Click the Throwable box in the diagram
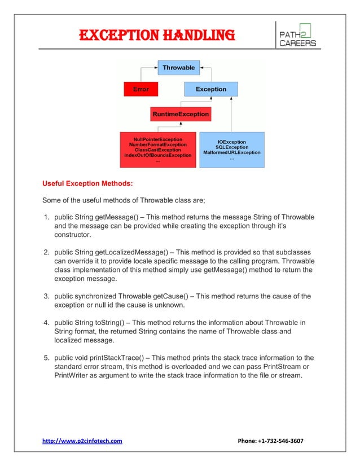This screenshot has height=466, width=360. tap(178, 68)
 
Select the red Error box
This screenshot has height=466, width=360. tap(141, 89)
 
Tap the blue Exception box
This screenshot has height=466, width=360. tap(210, 89)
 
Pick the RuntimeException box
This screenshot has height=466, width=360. tap(180, 115)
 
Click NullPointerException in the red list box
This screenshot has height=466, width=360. tap(157, 139)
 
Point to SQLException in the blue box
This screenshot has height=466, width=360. tap(231, 147)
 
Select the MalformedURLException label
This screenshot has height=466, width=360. tap(231, 153)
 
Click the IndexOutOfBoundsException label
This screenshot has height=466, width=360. tap(157, 155)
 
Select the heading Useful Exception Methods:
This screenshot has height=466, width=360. tap(88, 183)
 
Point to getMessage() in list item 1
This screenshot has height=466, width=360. tap(126, 217)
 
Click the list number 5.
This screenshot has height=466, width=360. tap(47, 358)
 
